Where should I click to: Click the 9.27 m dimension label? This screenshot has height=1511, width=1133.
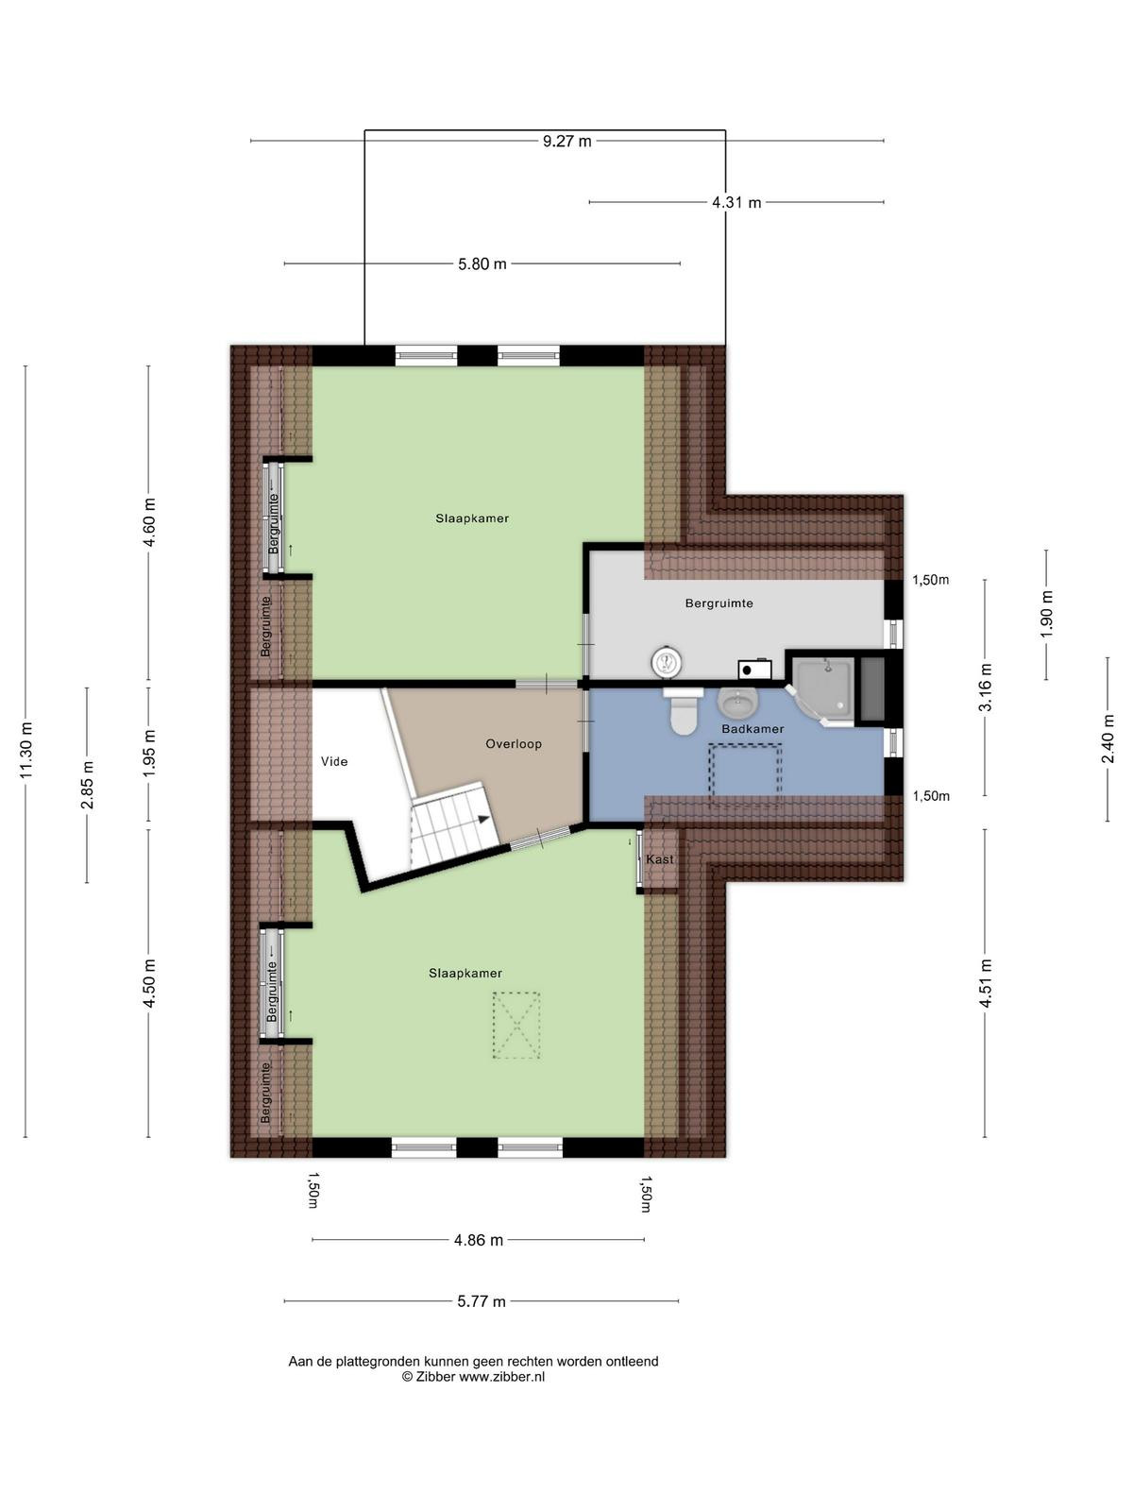pyautogui.click(x=566, y=141)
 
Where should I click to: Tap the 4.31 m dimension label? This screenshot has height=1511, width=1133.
pyautogui.click(x=736, y=202)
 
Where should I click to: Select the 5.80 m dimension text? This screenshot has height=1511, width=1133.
pyautogui.click(x=482, y=263)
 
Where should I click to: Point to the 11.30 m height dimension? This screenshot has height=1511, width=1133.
pyautogui.click(x=26, y=750)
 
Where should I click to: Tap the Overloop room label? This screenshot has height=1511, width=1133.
pyautogui.click(x=514, y=744)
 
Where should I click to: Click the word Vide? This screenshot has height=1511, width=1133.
pyautogui.click(x=334, y=761)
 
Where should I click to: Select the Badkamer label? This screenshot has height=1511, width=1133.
pyautogui.click(x=753, y=728)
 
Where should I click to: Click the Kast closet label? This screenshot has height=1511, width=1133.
pyautogui.click(x=660, y=859)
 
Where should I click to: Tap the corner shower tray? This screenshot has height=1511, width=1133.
pyautogui.click(x=822, y=689)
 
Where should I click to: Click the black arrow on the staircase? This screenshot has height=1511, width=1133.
pyautogui.click(x=484, y=819)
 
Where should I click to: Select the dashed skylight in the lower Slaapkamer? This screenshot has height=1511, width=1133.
pyautogui.click(x=516, y=1025)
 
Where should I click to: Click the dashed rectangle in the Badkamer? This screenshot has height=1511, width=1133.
pyautogui.click(x=746, y=775)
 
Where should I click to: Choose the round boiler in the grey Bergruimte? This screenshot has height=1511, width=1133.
pyautogui.click(x=667, y=662)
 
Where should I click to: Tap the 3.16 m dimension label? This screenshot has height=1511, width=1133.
pyautogui.click(x=986, y=687)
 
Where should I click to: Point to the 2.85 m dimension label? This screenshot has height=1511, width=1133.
pyautogui.click(x=88, y=786)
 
